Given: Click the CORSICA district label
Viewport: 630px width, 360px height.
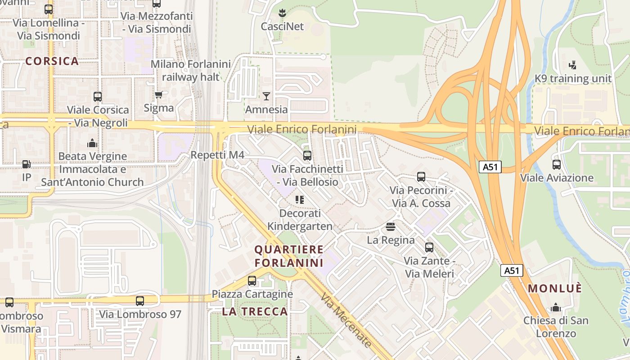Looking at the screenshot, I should (52, 61).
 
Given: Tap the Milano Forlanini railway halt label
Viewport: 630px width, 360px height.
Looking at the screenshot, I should (190, 70).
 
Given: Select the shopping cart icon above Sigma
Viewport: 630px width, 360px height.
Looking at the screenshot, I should (158, 95).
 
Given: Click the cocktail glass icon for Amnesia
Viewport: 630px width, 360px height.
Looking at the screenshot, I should (266, 96).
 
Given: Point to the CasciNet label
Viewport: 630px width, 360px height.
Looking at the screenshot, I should (282, 27).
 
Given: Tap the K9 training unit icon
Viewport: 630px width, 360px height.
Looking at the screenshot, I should (572, 65).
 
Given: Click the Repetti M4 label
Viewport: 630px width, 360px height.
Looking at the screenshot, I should (217, 155).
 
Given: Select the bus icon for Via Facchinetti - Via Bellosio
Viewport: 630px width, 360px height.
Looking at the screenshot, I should (307, 156).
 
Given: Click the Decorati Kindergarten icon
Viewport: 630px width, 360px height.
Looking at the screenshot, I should (300, 199).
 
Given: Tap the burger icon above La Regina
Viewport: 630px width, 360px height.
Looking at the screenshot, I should (391, 226).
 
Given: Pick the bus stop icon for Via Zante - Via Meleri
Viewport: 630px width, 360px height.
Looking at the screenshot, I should (429, 247).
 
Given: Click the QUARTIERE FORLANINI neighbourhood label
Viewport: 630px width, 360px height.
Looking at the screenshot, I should (289, 256).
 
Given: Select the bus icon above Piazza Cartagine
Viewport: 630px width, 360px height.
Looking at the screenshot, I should (252, 281).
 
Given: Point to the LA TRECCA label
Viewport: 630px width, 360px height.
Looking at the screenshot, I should (255, 311).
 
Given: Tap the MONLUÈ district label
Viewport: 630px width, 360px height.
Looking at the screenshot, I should (555, 288).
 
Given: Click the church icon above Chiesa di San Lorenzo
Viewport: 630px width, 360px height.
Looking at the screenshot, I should (556, 307).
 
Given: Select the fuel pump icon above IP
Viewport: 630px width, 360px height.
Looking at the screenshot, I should (27, 164).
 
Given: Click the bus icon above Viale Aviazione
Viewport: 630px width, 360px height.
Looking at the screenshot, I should (557, 165).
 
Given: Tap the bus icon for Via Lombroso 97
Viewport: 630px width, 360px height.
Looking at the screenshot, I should (140, 301).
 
